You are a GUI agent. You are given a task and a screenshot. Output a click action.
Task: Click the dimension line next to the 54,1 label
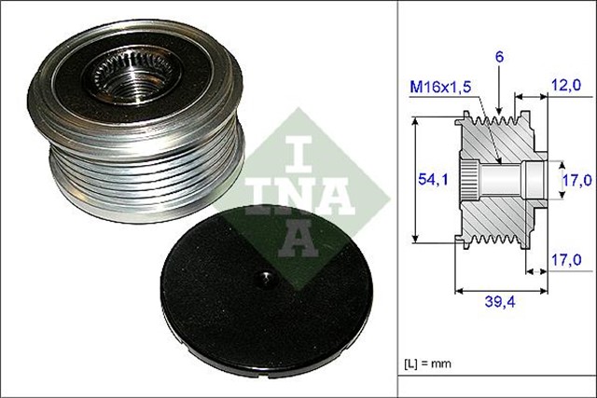[x=412, y=182]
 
